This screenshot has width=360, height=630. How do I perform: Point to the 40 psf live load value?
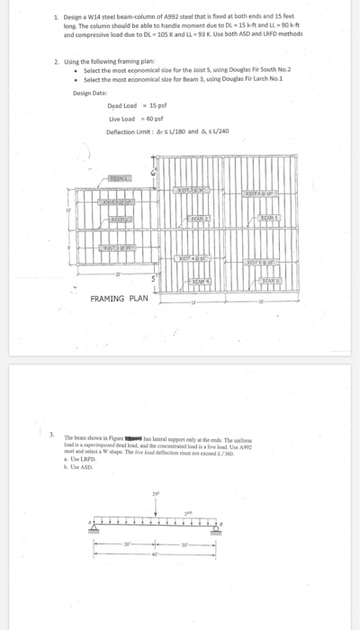[152, 118]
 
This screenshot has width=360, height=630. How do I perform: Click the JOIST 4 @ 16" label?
[193, 257]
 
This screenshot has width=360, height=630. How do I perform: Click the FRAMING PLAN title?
[119, 298]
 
